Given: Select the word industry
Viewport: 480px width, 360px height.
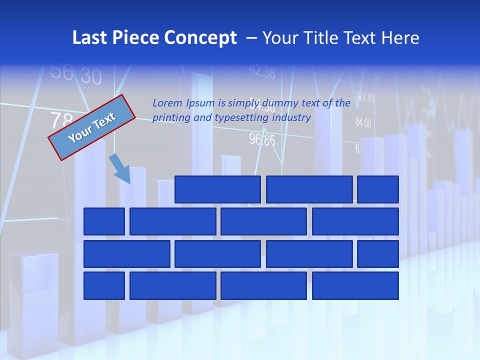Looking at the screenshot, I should (291, 117).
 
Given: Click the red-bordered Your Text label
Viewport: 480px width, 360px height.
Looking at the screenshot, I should (92, 127).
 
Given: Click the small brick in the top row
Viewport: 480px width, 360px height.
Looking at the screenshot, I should (378, 189).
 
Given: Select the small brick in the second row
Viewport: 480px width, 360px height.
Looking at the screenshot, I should (104, 221).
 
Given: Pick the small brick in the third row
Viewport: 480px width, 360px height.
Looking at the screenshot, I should (378, 254).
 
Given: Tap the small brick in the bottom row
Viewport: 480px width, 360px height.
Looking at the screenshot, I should (104, 286).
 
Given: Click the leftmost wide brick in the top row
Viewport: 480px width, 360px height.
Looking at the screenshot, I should (217, 189).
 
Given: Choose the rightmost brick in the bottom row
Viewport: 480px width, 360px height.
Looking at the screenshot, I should (355, 286).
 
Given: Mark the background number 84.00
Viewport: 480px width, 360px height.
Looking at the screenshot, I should (363, 122).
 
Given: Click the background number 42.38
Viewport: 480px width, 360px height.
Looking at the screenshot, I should (262, 72).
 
